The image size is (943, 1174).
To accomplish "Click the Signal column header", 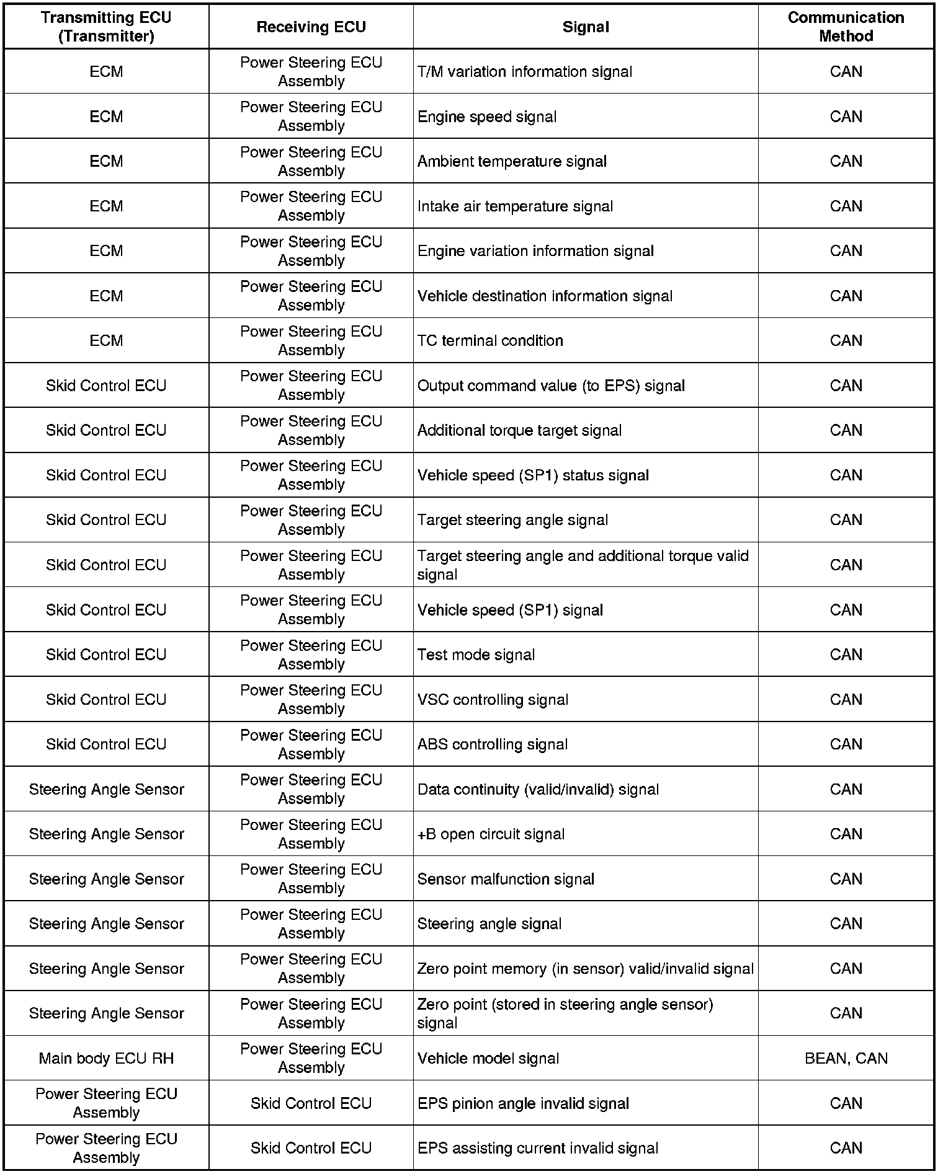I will [586, 27].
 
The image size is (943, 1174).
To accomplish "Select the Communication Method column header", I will [846, 27].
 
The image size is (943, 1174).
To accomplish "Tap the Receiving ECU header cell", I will [311, 27].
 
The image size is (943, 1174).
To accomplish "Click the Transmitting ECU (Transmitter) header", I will [106, 27].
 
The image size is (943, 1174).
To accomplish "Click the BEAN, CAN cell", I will [846, 1058].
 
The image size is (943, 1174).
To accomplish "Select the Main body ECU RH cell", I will [106, 1058].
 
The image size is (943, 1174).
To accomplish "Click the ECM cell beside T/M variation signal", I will [106, 72].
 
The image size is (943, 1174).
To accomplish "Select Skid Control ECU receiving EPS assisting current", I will [311, 1148].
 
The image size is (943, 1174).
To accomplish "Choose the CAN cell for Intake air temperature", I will [846, 206].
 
